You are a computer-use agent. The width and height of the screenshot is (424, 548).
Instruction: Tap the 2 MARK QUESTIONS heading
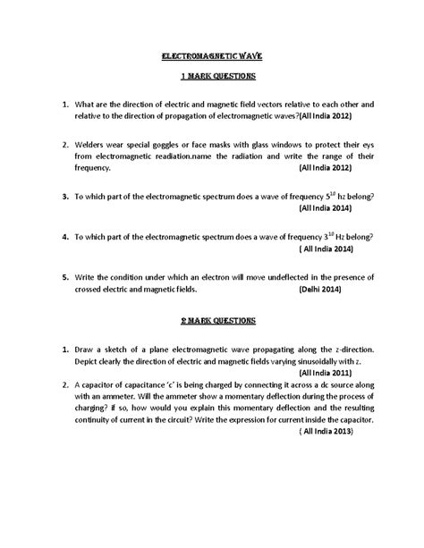tap(211, 319)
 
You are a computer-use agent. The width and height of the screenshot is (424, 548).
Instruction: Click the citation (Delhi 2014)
tap(323, 290)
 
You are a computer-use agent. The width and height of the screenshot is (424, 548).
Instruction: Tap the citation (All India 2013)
tap(324, 430)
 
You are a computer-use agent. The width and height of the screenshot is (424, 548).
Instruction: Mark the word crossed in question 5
tap(94, 290)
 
